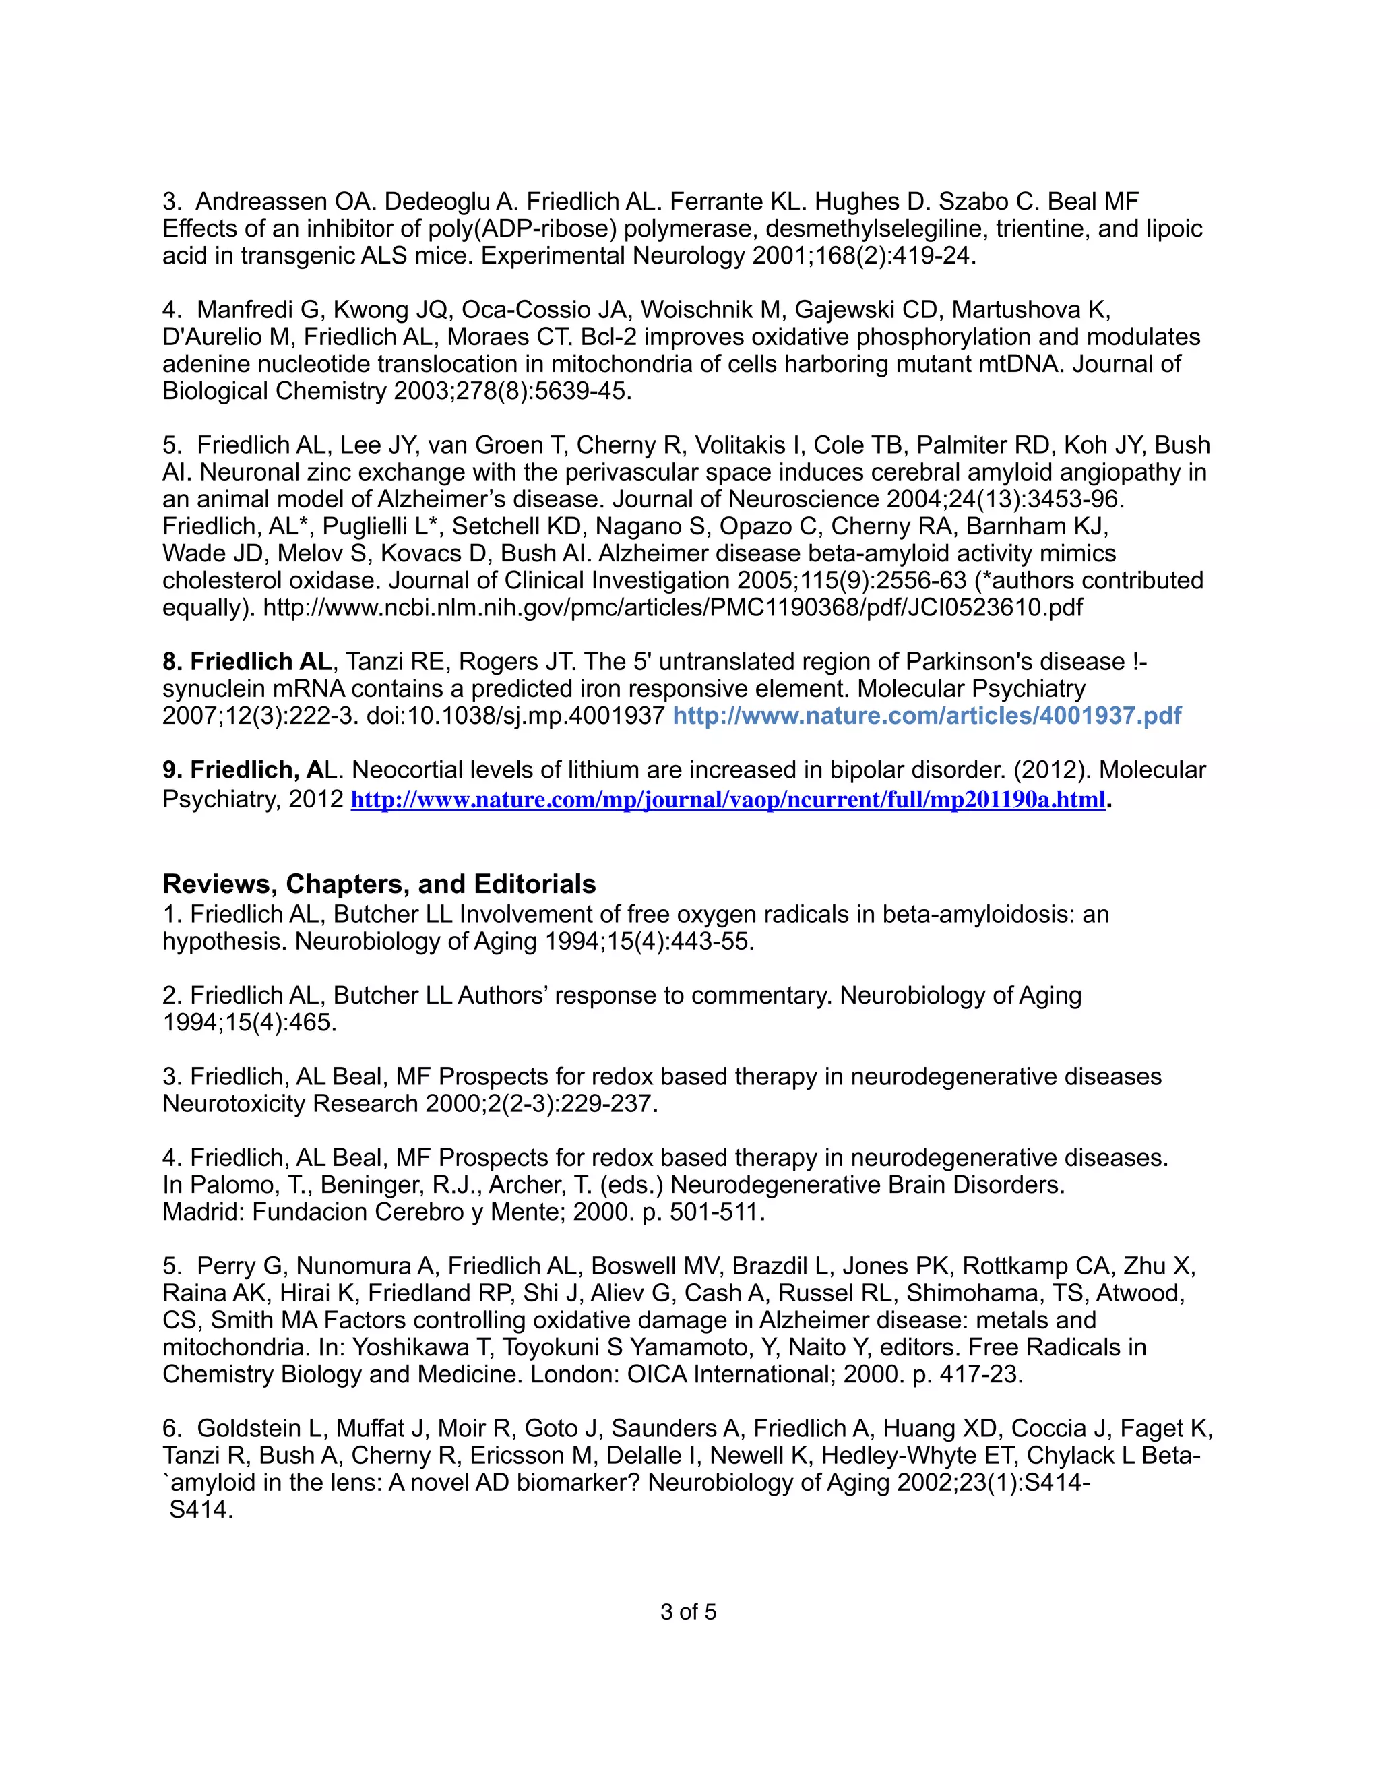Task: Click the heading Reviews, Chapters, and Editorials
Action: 379,884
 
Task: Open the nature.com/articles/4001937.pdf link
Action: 927,716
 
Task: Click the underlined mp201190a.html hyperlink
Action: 728,800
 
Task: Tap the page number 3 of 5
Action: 689,1612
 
